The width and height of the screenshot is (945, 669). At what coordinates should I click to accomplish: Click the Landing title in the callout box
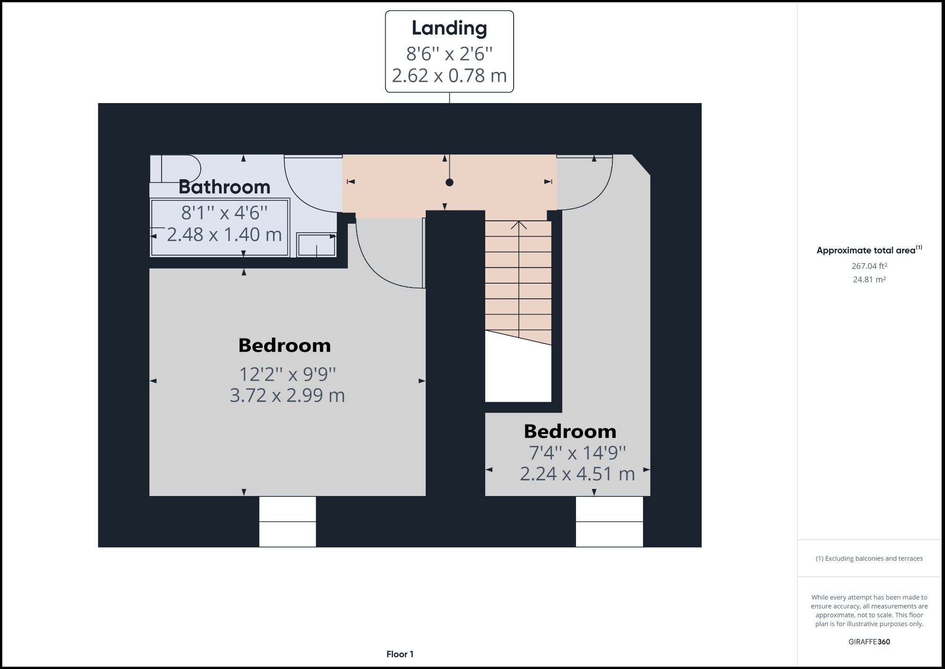tap(449, 28)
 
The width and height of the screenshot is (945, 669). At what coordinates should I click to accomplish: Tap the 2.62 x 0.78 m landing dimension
tap(449, 76)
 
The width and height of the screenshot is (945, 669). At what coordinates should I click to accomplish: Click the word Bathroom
tap(224, 187)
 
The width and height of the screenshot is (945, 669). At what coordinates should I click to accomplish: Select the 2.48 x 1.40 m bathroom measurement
tap(224, 235)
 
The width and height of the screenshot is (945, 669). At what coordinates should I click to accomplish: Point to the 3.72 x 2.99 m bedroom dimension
tap(287, 395)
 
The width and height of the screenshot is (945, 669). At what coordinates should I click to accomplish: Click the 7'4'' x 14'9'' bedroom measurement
tap(577, 453)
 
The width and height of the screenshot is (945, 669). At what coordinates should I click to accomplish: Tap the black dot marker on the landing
tap(449, 182)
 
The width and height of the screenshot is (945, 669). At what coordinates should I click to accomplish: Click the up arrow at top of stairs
tap(519, 225)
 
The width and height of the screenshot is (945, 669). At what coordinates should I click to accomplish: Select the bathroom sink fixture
tap(316, 245)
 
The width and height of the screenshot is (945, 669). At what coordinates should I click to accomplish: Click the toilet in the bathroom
tap(180, 168)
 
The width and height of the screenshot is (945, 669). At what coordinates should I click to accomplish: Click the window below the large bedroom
tap(287, 521)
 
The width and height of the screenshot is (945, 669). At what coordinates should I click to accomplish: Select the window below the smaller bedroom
tap(609, 521)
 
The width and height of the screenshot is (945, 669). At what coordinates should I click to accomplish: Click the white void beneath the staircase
tap(518, 374)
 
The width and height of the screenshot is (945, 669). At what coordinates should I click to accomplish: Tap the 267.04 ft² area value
tap(869, 266)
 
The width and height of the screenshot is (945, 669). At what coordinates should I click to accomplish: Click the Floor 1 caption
tap(400, 654)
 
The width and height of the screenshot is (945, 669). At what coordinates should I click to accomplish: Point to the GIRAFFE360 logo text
tap(869, 642)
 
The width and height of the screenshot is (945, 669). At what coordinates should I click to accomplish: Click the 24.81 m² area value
tap(869, 279)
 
